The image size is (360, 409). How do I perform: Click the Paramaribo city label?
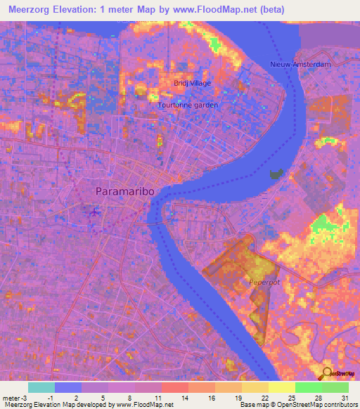tap(124, 191)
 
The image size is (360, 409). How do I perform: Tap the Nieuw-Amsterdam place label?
tap(300, 65)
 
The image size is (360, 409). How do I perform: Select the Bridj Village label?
tap(192, 83)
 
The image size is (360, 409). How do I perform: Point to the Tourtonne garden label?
tap(188, 105)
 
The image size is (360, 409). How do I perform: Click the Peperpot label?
tap(264, 283)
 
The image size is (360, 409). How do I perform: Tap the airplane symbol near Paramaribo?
tap(94, 210)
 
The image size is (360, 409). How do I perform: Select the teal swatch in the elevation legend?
tap(41, 387)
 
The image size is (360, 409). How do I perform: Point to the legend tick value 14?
tap(184, 397)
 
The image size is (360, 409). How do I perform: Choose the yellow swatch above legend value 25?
tap(281, 387)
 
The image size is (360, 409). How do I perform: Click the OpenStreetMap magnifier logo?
tap(328, 372)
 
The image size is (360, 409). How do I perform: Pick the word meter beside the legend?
tap(11, 397)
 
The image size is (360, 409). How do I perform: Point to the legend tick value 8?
tap(131, 397)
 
